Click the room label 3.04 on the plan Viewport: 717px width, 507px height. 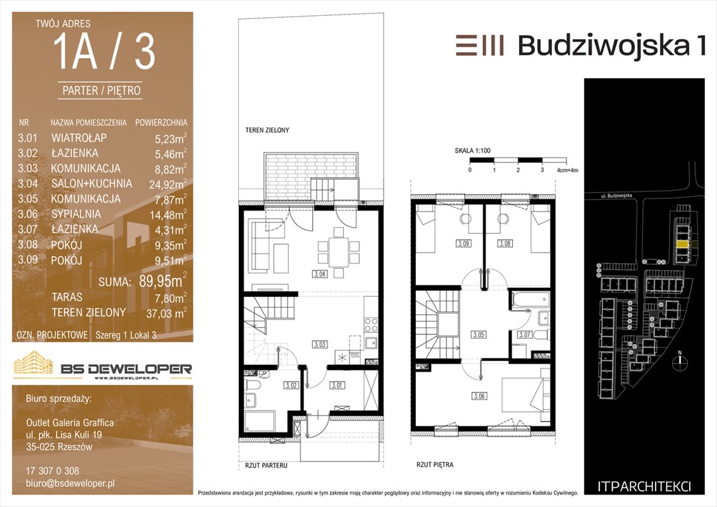(320, 275)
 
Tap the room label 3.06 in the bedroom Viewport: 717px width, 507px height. (479, 396)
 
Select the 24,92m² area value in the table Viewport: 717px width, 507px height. (168, 184)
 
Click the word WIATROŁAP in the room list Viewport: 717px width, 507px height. (79, 137)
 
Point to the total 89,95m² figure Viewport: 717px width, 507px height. (163, 281)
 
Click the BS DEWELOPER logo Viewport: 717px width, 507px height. (102, 365)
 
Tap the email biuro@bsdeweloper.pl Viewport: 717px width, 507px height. (71, 483)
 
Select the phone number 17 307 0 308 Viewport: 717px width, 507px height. (53, 471)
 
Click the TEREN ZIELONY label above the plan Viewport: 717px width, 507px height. (267, 130)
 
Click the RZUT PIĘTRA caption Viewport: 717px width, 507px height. (435, 465)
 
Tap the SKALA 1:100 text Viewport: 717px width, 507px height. (472, 151)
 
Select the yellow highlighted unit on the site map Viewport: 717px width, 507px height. (683, 245)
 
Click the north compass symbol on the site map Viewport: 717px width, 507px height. (680, 360)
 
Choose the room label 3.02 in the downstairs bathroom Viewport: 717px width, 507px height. (291, 386)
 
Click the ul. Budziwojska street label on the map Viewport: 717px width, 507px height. (617, 195)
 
